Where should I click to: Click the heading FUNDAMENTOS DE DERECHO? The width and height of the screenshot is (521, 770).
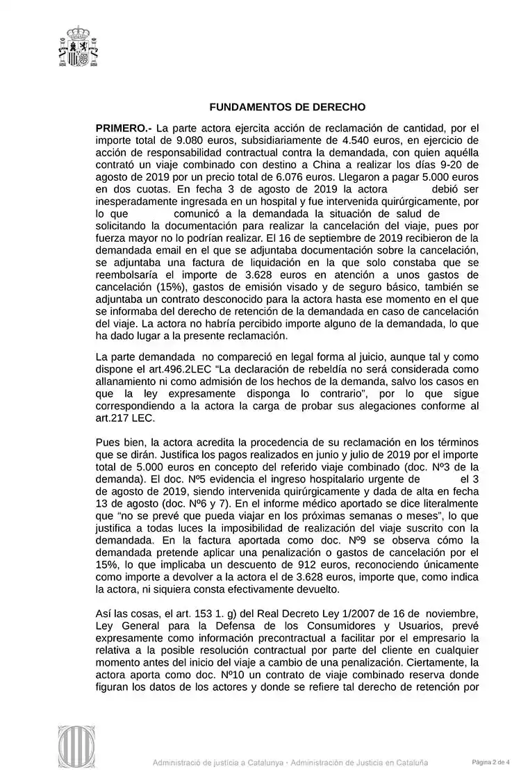[x=288, y=108]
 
